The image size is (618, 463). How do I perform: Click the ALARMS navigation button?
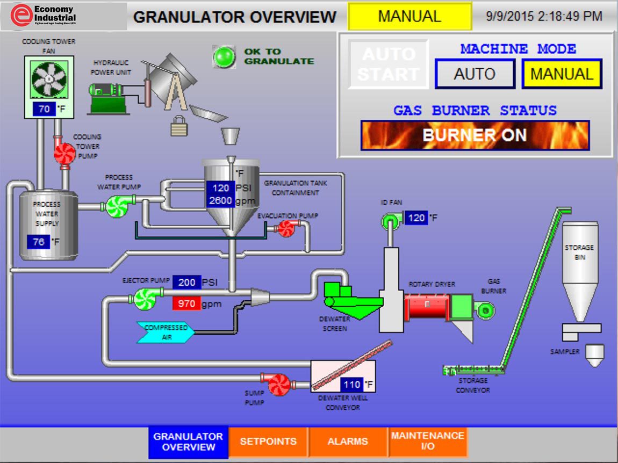(x=348, y=442)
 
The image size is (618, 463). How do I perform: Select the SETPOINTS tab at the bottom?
(x=268, y=442)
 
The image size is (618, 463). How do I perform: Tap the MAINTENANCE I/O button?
(x=427, y=442)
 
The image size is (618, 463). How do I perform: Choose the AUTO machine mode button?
(x=475, y=74)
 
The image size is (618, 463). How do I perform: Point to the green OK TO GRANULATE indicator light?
(x=224, y=56)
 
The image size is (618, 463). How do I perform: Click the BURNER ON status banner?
(x=475, y=135)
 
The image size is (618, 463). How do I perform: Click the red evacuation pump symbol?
(x=285, y=228)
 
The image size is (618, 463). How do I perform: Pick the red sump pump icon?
(x=279, y=384)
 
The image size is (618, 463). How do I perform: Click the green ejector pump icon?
(x=143, y=299)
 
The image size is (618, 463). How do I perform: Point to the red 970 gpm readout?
(x=186, y=304)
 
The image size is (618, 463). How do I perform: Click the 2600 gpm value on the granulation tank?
(x=220, y=201)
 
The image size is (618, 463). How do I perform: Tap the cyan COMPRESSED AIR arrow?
(x=166, y=332)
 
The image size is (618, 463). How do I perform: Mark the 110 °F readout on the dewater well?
(x=352, y=385)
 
